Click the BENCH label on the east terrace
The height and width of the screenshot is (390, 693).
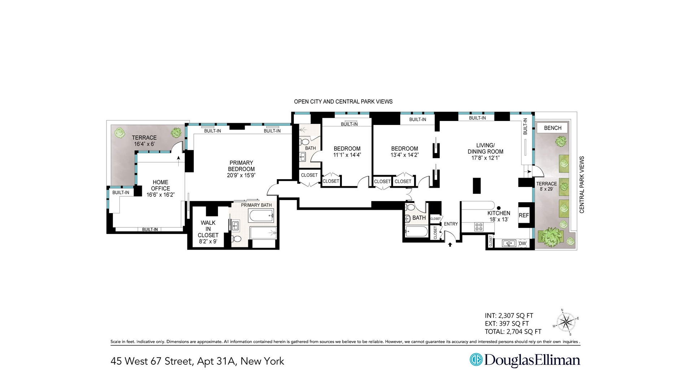[552, 128]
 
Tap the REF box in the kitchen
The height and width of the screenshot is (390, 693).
[524, 215]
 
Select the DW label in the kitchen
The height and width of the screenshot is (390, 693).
[522, 243]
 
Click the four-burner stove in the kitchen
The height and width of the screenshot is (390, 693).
[479, 227]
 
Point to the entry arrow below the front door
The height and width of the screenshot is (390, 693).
[450, 244]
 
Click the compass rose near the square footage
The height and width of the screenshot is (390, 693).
[566, 321]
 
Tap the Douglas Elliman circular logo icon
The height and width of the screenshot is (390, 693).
[476, 360]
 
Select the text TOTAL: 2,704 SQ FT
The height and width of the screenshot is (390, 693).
[513, 331]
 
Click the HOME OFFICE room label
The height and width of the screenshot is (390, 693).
[160, 185]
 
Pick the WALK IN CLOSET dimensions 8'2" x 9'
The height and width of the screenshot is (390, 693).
[208, 241]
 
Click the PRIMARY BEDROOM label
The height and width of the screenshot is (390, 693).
[241, 166]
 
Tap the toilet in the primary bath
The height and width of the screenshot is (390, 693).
[236, 239]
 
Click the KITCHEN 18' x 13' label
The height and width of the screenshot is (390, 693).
[499, 216]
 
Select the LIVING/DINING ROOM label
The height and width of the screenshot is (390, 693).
[485, 148]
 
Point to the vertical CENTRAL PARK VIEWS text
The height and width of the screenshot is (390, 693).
[581, 185]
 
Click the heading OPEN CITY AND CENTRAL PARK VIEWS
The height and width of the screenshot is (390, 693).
[343, 101]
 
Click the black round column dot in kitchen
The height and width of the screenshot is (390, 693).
[499, 208]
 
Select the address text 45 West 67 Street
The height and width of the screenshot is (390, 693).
[152, 361]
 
